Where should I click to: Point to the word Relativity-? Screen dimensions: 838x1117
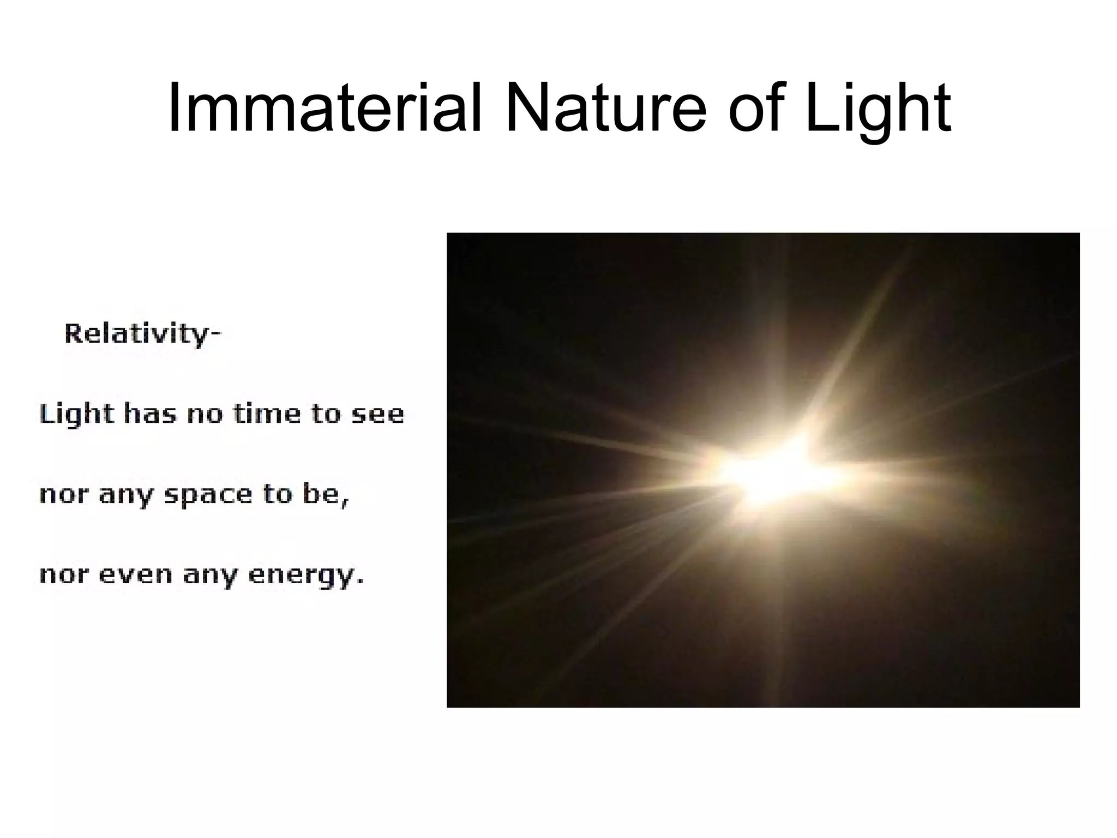point(143,333)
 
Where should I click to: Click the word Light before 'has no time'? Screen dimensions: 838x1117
point(77,414)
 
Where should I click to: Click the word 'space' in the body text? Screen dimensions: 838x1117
point(208,495)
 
